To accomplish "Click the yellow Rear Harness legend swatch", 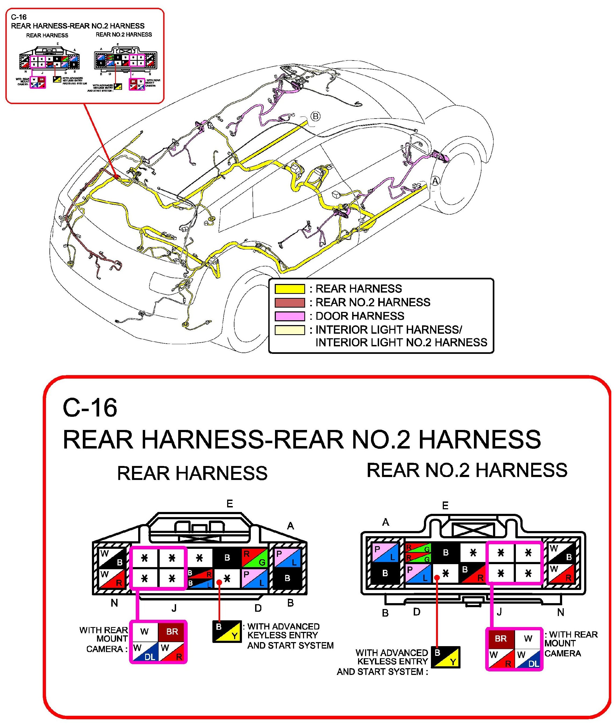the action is [x=290, y=289].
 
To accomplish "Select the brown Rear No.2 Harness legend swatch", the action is [x=290, y=302].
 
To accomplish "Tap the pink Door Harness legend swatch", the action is [x=290, y=316].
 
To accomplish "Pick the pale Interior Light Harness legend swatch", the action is [x=290, y=330].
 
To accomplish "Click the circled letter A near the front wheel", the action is [x=435, y=181].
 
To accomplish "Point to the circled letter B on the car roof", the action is [x=315, y=116].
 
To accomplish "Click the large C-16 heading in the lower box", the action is [x=90, y=408].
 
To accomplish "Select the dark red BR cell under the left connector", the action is [x=172, y=632].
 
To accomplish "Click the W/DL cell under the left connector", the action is [x=144, y=652].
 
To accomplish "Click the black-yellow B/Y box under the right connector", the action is [x=445, y=657].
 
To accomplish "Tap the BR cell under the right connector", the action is [x=501, y=639].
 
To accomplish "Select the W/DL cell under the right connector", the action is [x=528, y=659].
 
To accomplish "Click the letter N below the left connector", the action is [x=114, y=603].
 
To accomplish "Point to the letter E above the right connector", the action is [x=445, y=506].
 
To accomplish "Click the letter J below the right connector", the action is [x=499, y=612].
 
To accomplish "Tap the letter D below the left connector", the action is [x=258, y=608].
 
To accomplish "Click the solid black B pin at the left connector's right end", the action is [x=287, y=578].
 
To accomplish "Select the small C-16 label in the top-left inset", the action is [x=19, y=17].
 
